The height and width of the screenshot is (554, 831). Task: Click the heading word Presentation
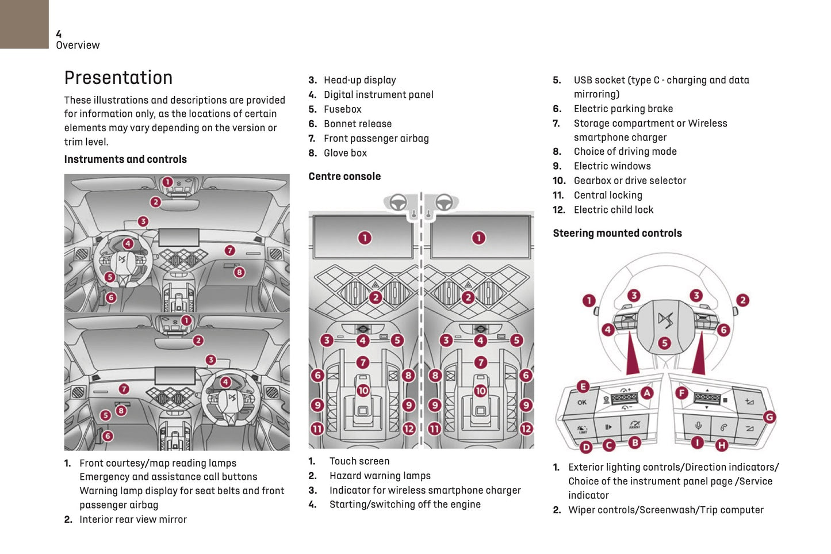(x=118, y=78)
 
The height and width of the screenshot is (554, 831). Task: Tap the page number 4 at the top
(x=59, y=35)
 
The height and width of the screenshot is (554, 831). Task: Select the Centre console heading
(x=344, y=177)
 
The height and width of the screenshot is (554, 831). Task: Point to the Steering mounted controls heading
(x=617, y=233)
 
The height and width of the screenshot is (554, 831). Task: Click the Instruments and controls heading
(x=125, y=159)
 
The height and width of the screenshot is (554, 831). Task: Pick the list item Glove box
(x=345, y=153)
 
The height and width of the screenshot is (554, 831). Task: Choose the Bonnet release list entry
(x=357, y=124)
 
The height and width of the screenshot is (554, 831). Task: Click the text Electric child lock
(x=613, y=210)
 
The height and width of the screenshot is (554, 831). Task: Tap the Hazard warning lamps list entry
(x=380, y=476)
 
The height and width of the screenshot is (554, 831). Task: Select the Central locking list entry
(x=608, y=196)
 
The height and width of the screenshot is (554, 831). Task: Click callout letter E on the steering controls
(x=583, y=387)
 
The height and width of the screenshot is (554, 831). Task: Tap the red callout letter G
(x=769, y=417)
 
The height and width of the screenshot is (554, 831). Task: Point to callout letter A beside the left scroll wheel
(x=647, y=393)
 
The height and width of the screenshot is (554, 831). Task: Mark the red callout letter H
(x=722, y=445)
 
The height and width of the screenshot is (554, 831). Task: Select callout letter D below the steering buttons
(x=586, y=447)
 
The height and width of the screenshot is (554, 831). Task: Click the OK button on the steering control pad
(x=582, y=403)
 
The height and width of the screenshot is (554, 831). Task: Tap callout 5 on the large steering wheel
(x=664, y=343)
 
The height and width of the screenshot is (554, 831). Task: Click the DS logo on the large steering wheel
(x=665, y=320)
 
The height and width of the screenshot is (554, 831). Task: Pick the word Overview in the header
(x=78, y=45)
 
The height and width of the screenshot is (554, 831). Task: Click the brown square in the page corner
(x=24, y=24)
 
